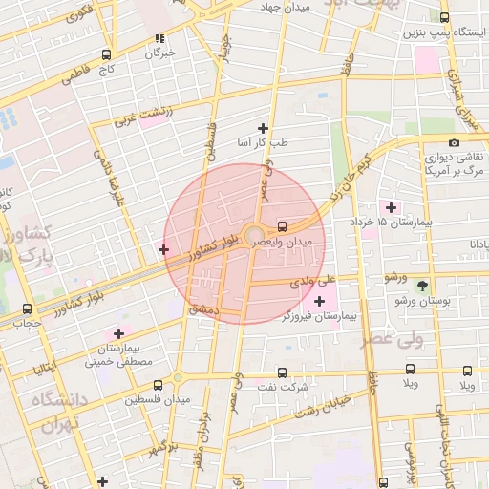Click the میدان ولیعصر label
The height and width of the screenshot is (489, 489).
click(283, 244)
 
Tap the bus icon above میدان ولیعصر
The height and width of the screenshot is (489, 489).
click(282, 227)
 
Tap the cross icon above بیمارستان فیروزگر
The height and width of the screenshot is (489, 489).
click(319, 301)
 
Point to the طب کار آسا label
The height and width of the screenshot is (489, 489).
click(264, 144)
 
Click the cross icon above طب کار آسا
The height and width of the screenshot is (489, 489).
click(264, 128)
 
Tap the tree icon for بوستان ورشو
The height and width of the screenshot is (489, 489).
click(422, 285)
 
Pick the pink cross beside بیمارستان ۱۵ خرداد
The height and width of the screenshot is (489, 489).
click(390, 207)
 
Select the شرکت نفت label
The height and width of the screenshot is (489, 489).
click(282, 388)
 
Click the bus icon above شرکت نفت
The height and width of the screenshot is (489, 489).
click(282, 372)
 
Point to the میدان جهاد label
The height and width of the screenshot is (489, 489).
click(287, 7)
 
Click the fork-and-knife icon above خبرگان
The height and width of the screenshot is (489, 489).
click(159, 39)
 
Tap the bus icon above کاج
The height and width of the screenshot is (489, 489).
click(105, 54)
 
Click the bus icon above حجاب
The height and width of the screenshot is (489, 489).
click(26, 308)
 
